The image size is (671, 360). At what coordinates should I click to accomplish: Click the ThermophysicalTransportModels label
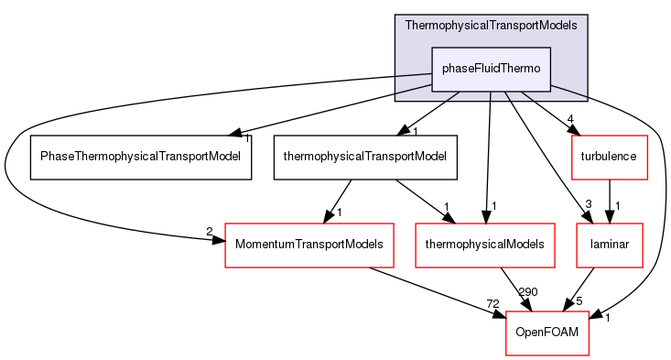pos(491,26)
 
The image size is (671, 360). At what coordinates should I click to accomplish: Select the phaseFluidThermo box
pos(491,69)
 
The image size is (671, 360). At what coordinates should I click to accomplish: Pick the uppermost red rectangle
pos(610,157)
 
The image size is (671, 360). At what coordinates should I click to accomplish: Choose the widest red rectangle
pos(309,245)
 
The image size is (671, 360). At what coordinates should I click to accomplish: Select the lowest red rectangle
pos(547,333)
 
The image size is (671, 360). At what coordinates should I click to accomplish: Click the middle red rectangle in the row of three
pos(485,245)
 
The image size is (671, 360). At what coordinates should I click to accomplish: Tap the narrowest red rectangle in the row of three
pos(610,245)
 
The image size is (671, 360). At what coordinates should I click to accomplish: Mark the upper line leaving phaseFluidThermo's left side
pos(414,72)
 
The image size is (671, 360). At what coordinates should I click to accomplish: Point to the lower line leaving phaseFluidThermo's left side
pos(414,88)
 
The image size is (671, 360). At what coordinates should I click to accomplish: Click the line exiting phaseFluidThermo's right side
pos(568,89)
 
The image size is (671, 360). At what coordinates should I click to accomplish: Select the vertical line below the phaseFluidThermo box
pos(491,96)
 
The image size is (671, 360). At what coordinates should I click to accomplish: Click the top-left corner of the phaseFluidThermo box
pos(433,48)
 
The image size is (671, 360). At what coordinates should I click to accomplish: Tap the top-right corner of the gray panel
pos(587,16)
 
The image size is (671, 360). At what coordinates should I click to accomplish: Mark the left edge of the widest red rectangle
pos(225,245)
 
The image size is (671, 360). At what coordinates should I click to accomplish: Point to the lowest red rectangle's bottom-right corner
pos(588,355)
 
